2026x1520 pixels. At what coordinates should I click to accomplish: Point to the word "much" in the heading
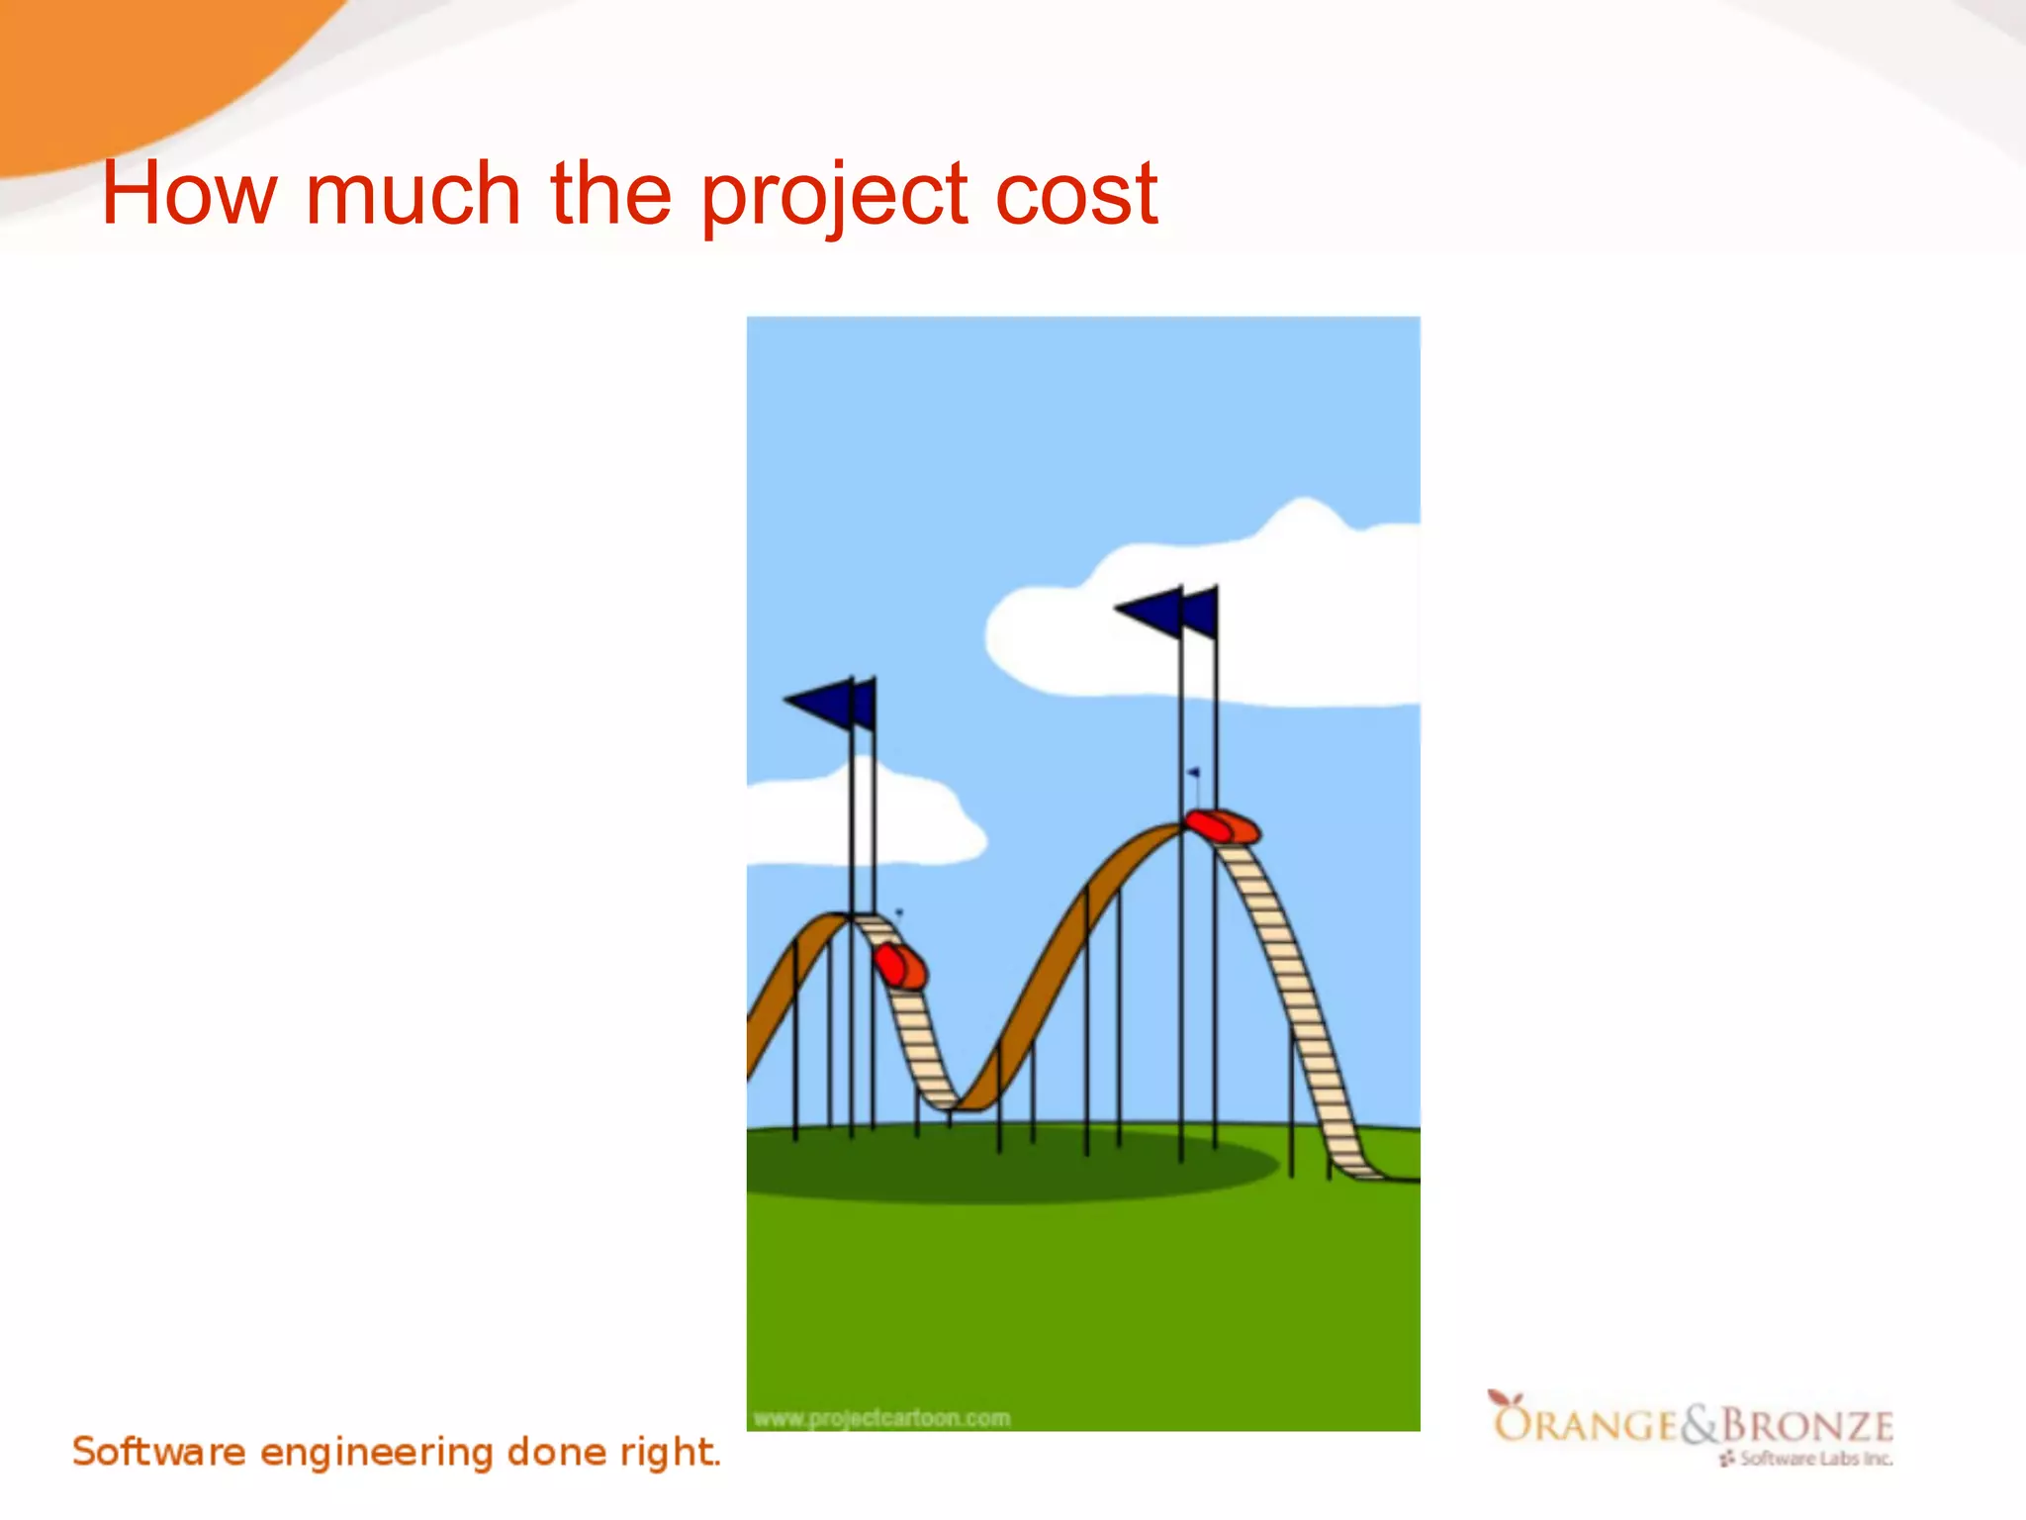click(x=413, y=194)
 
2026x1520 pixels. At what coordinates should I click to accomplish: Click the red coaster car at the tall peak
click(x=1223, y=826)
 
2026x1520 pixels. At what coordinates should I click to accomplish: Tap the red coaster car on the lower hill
click(x=899, y=966)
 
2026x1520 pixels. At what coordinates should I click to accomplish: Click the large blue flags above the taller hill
click(x=1167, y=613)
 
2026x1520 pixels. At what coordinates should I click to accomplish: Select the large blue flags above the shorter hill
click(x=831, y=703)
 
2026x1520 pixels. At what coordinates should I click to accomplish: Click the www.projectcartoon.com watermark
click(x=881, y=1418)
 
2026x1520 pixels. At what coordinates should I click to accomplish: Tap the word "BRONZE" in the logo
click(x=1807, y=1426)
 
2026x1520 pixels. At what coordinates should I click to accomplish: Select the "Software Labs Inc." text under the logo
click(x=1815, y=1458)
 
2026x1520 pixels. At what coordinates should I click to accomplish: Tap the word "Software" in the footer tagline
click(x=158, y=1452)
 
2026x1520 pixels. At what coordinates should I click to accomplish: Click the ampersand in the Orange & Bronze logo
click(x=1701, y=1424)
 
